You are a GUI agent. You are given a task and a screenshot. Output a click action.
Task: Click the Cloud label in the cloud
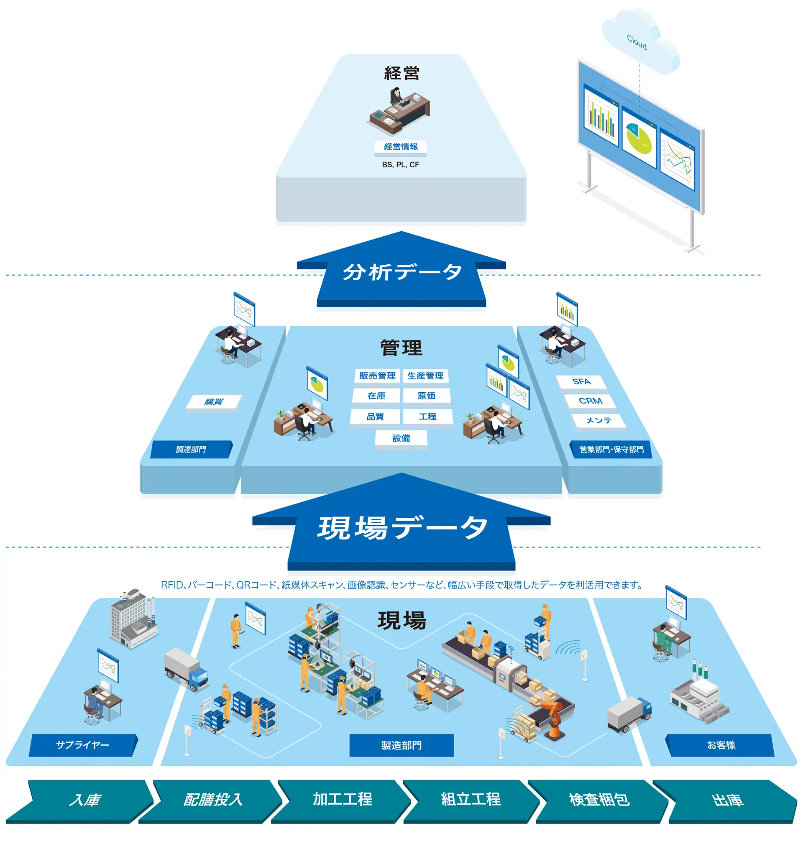[637, 42]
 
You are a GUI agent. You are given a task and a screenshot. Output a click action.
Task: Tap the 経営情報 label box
[401, 147]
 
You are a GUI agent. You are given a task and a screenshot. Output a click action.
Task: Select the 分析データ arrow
[401, 272]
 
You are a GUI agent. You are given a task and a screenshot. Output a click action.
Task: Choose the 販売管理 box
[377, 376]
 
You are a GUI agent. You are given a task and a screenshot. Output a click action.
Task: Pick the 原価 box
[426, 396]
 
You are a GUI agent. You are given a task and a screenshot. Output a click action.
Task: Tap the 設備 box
[401, 438]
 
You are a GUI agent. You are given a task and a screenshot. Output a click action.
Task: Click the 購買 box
[214, 402]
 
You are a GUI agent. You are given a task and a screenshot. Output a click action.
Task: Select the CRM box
[590, 401]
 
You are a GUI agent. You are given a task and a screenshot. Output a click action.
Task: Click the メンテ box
[599, 421]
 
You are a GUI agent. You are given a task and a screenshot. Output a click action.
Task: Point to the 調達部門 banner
[191, 449]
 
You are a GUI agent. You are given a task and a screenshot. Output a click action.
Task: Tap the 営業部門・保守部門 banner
[611, 449]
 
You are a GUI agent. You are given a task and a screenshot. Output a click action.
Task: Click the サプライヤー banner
[83, 745]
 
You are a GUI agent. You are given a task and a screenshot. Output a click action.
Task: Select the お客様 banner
[721, 745]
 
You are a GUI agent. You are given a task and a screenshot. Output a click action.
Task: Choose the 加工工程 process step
[342, 799]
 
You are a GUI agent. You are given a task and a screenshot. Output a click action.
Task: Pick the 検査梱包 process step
[599, 799]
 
